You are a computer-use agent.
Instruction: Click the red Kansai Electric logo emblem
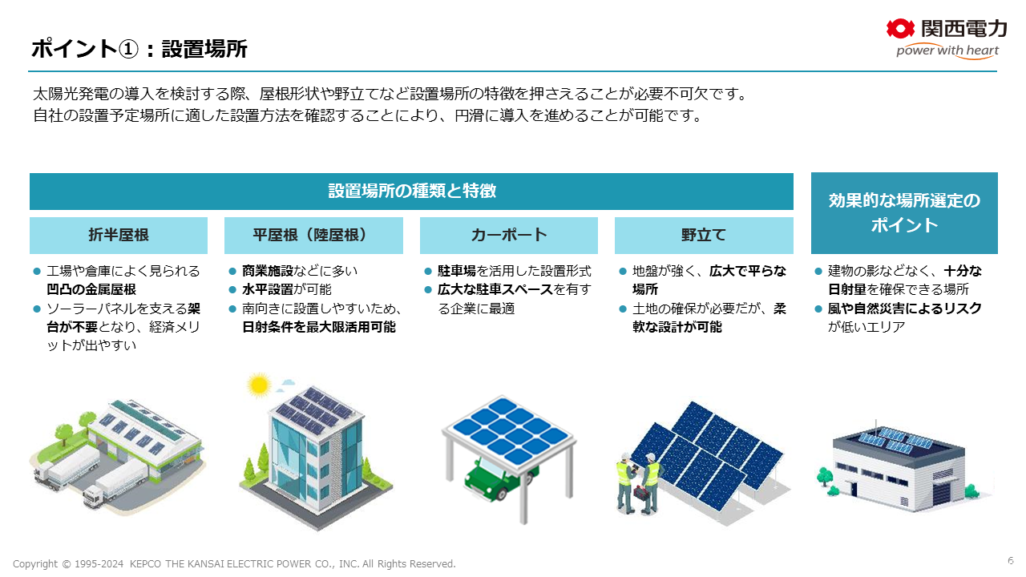click(900, 29)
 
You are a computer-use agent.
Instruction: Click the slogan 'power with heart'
click(947, 50)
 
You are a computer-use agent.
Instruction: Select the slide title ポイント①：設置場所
click(139, 49)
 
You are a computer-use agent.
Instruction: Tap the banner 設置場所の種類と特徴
click(411, 192)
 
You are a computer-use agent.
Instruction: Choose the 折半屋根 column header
click(119, 236)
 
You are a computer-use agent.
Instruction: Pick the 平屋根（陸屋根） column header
click(313, 236)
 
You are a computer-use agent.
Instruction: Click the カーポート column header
click(509, 236)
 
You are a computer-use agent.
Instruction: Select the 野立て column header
click(704, 236)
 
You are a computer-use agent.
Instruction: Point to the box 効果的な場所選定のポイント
click(904, 213)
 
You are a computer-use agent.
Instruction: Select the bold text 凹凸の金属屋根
click(91, 289)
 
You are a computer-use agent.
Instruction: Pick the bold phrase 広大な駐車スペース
click(495, 289)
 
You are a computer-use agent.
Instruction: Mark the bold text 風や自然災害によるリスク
click(905, 309)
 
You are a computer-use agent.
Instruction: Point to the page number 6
click(1011, 560)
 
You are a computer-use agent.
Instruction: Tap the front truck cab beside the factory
click(92, 498)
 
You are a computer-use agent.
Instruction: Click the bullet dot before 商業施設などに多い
click(232, 271)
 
